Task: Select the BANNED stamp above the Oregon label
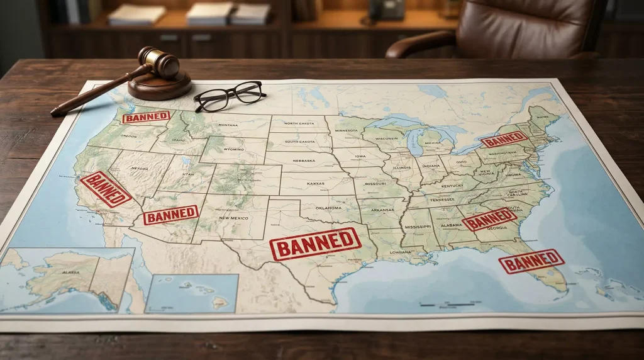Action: click(x=146, y=117)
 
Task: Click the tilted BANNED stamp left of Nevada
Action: click(x=105, y=189)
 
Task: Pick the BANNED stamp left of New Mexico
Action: click(x=170, y=215)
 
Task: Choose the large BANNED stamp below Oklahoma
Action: click(x=315, y=244)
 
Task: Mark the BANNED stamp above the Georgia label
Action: click(x=489, y=219)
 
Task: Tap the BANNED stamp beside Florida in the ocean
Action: click(x=531, y=261)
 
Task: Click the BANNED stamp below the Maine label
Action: click(x=504, y=139)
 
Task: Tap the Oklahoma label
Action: click(x=329, y=208)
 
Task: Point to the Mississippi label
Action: click(x=417, y=226)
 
